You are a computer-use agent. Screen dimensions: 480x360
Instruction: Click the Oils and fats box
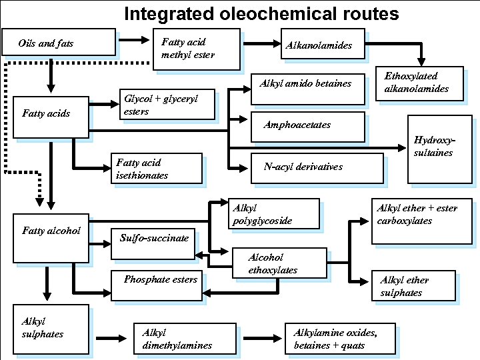pyautogui.click(x=59, y=42)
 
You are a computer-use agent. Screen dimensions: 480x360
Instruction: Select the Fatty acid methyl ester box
pyautogui.click(x=197, y=49)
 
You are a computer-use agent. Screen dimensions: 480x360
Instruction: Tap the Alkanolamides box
pyautogui.click(x=323, y=44)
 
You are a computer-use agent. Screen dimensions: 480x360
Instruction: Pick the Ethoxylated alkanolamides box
pyautogui.click(x=419, y=83)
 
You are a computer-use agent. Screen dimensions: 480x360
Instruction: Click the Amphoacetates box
pyautogui.click(x=308, y=127)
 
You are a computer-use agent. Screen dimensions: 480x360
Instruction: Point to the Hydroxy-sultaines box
pyautogui.click(x=440, y=149)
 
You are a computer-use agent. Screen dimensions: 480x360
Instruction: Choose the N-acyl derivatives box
pyautogui.click(x=317, y=169)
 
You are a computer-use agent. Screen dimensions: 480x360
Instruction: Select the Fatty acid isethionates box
pyautogui.click(x=157, y=169)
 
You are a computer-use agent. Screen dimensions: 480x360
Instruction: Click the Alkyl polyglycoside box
pyautogui.click(x=274, y=214)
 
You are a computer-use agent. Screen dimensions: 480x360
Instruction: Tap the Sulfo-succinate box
pyautogui.click(x=153, y=244)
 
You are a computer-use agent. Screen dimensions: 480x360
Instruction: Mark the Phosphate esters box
pyautogui.click(x=157, y=285)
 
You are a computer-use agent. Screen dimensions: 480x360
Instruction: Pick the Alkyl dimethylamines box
pyautogui.click(x=185, y=339)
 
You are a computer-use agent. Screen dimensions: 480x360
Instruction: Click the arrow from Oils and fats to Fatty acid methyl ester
pyautogui.click(x=134, y=40)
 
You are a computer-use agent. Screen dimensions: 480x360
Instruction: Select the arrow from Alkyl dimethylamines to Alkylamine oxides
pyautogui.click(x=263, y=338)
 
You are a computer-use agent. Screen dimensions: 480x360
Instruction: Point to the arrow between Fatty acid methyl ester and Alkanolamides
pyautogui.click(x=262, y=43)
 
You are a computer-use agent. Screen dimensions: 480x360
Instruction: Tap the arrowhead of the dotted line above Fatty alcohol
pyautogui.click(x=39, y=202)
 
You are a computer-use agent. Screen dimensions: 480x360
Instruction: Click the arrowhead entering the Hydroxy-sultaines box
pyautogui.click(x=402, y=148)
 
